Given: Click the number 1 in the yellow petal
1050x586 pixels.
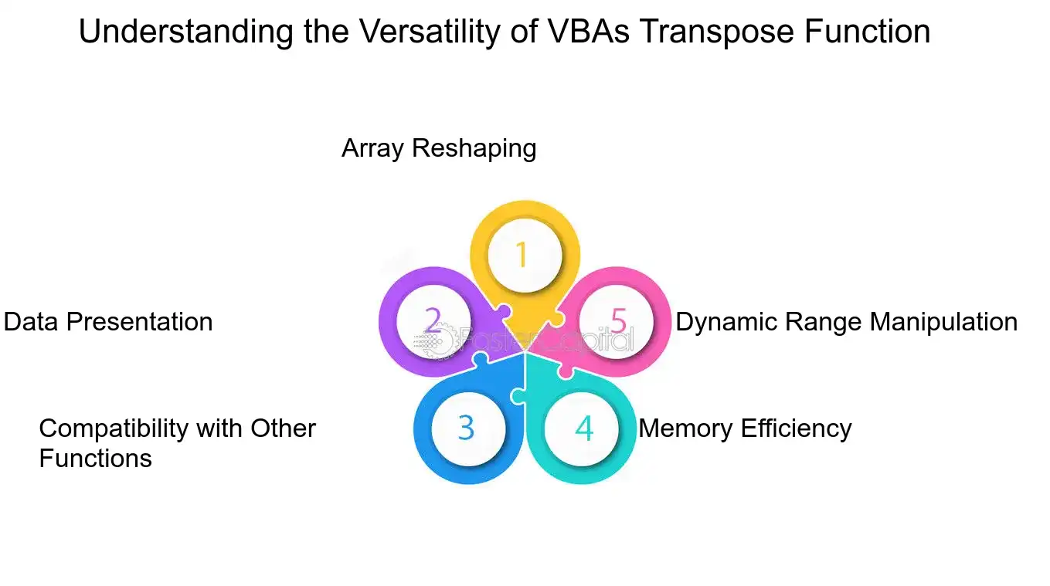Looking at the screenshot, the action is pyautogui.click(x=522, y=255).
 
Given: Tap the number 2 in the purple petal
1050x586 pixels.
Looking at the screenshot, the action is pyautogui.click(x=433, y=320).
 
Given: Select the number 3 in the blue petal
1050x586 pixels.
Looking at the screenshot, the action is pyautogui.click(x=467, y=428).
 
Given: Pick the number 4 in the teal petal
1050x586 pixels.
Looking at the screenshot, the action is pyautogui.click(x=584, y=428).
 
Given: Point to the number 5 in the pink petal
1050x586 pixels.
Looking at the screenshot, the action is pyautogui.click(x=618, y=321).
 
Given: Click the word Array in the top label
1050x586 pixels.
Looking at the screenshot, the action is pyautogui.click(x=372, y=148).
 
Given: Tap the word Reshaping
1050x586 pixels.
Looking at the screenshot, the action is pyautogui.click(x=474, y=148).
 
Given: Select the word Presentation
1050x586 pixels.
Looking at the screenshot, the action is pyautogui.click(x=139, y=322).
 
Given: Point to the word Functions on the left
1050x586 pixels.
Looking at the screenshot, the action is pyautogui.click(x=96, y=458).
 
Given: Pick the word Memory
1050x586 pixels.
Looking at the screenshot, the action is pyautogui.click(x=685, y=428).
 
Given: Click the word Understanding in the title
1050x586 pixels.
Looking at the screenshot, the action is pyautogui.click(x=186, y=32).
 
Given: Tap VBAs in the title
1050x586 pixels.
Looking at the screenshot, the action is pyautogui.click(x=588, y=32).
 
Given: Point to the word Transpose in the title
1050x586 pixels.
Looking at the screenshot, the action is pyautogui.click(x=717, y=32).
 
